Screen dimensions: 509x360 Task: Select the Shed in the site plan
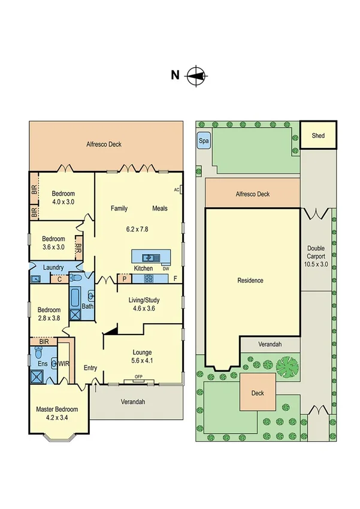click(x=318, y=136)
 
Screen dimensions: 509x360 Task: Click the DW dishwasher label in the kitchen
click(x=165, y=269)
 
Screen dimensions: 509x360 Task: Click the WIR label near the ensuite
click(x=63, y=363)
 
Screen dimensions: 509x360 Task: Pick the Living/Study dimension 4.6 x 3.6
click(x=143, y=309)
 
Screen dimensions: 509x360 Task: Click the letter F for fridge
click(x=176, y=279)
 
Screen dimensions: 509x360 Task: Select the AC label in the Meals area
click(x=177, y=190)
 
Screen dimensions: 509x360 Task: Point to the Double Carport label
click(x=316, y=256)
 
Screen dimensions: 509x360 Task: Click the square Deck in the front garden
click(x=258, y=393)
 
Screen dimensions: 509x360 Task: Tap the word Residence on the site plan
click(x=250, y=280)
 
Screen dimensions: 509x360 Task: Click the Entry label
click(x=90, y=368)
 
